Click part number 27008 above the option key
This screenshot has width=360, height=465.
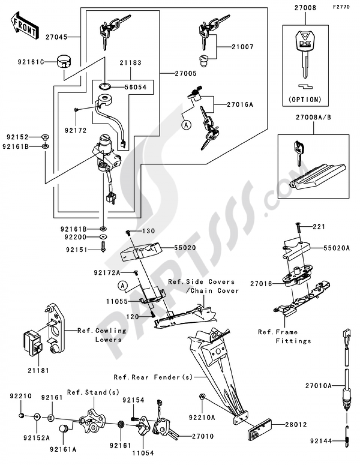(x=305, y=8)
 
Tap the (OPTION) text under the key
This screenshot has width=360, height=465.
(x=305, y=99)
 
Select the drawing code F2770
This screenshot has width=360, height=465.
(x=341, y=6)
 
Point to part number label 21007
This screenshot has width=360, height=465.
(x=242, y=47)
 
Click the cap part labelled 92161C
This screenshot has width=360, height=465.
(x=63, y=62)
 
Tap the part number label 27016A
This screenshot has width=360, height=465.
(x=240, y=105)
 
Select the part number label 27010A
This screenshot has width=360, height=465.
(x=318, y=386)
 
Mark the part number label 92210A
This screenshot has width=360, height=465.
(x=202, y=417)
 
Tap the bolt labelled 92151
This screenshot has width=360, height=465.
(x=103, y=247)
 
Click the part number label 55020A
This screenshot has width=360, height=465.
(x=336, y=248)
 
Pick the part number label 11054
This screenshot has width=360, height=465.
(x=143, y=453)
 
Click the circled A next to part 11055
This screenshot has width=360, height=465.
(x=123, y=286)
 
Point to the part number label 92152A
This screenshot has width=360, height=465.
(x=36, y=438)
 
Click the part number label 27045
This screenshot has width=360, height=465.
(x=56, y=37)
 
